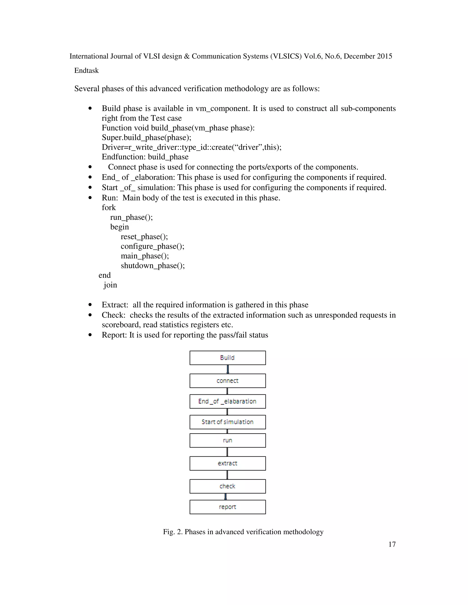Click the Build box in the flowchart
227,358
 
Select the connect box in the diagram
227,381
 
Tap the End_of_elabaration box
227,401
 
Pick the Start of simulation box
227,422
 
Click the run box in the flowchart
227,440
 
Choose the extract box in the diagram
227,463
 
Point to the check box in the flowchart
227,486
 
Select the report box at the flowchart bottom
227,507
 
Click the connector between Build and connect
228,369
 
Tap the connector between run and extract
227,452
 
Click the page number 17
392,544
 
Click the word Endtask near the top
87,71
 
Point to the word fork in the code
109,208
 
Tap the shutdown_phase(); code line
153,266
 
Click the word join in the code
110,285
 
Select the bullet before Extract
90,305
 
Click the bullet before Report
90,335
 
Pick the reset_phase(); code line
144,237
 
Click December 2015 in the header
368,56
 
